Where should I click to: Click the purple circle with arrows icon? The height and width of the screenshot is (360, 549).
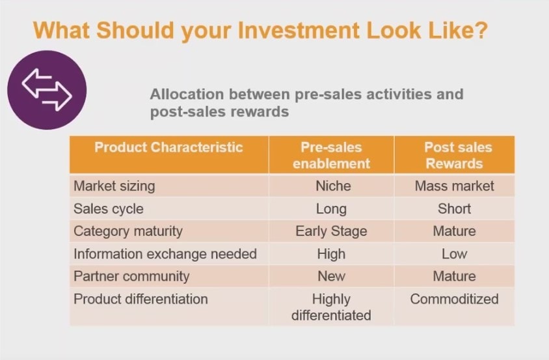[x=47, y=90]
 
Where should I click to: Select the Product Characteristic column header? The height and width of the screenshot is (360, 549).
[x=168, y=147]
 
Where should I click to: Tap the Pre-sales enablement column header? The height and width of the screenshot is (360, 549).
[x=331, y=155]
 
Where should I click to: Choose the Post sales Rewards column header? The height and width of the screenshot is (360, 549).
[x=454, y=155]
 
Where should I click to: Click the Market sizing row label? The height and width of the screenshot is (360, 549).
[x=114, y=186]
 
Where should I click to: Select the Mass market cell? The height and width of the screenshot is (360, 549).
[x=454, y=186]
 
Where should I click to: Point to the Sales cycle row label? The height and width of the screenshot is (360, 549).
[x=109, y=209]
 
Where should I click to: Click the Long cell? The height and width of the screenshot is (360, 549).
[x=331, y=209]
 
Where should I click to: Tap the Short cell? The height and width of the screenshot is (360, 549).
[x=454, y=209]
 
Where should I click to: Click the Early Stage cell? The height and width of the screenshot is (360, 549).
[x=331, y=232]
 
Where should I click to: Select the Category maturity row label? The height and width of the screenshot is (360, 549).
[x=128, y=232]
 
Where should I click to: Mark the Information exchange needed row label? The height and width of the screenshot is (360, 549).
[x=165, y=254]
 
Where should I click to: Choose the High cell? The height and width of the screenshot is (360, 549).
[x=331, y=254]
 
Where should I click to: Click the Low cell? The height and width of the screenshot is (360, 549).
[x=454, y=254]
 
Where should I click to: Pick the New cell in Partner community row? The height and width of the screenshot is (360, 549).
[x=331, y=276]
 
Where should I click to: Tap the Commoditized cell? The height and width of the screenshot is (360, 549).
[x=454, y=299]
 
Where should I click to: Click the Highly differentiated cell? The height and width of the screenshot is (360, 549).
[x=331, y=307]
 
